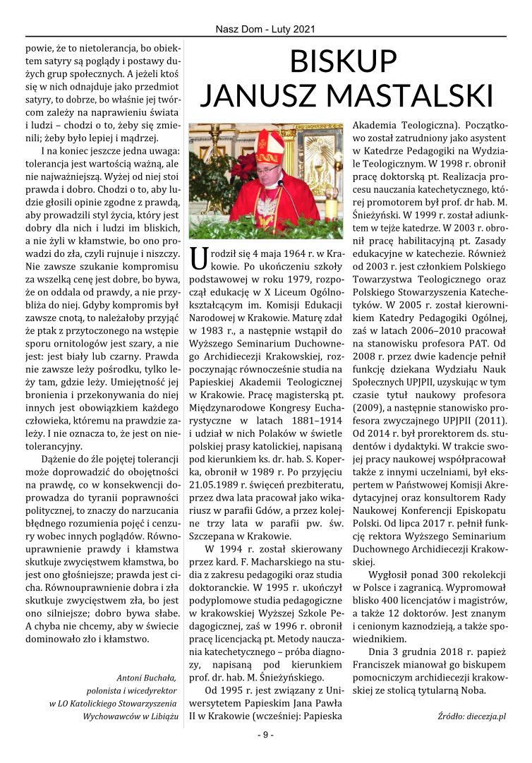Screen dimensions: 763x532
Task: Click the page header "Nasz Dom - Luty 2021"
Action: coord(265,30)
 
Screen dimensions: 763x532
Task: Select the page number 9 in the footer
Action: coord(265,735)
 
